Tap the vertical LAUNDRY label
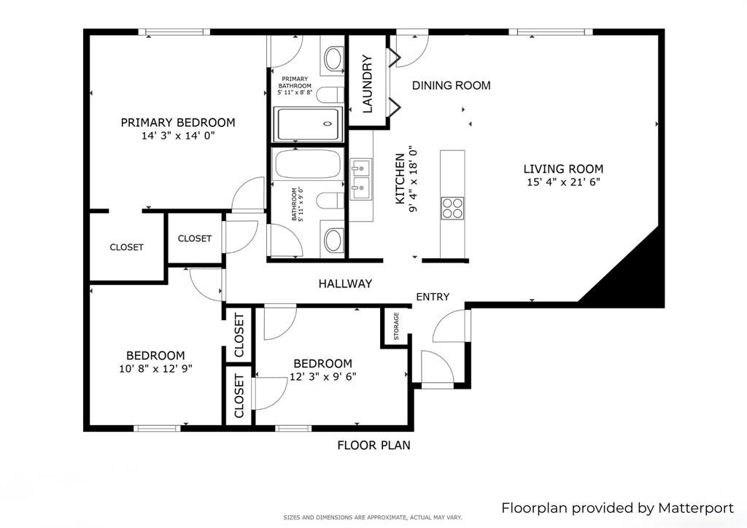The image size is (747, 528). [368, 84]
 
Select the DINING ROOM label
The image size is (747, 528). [451, 85]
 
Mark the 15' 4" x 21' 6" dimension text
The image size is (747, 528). [563, 182]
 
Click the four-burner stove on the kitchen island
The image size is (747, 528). [452, 208]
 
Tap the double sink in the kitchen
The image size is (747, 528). [360, 180]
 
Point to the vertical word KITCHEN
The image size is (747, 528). [400, 179]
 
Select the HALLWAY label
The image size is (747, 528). [345, 284]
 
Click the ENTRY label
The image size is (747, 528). [433, 297]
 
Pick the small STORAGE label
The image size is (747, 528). [396, 327]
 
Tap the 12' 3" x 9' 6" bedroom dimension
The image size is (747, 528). [322, 376]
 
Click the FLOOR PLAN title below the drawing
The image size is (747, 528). [373, 445]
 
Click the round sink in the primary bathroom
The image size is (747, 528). [333, 58]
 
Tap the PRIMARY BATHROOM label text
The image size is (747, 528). [295, 86]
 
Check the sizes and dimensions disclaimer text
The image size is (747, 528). [373, 518]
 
